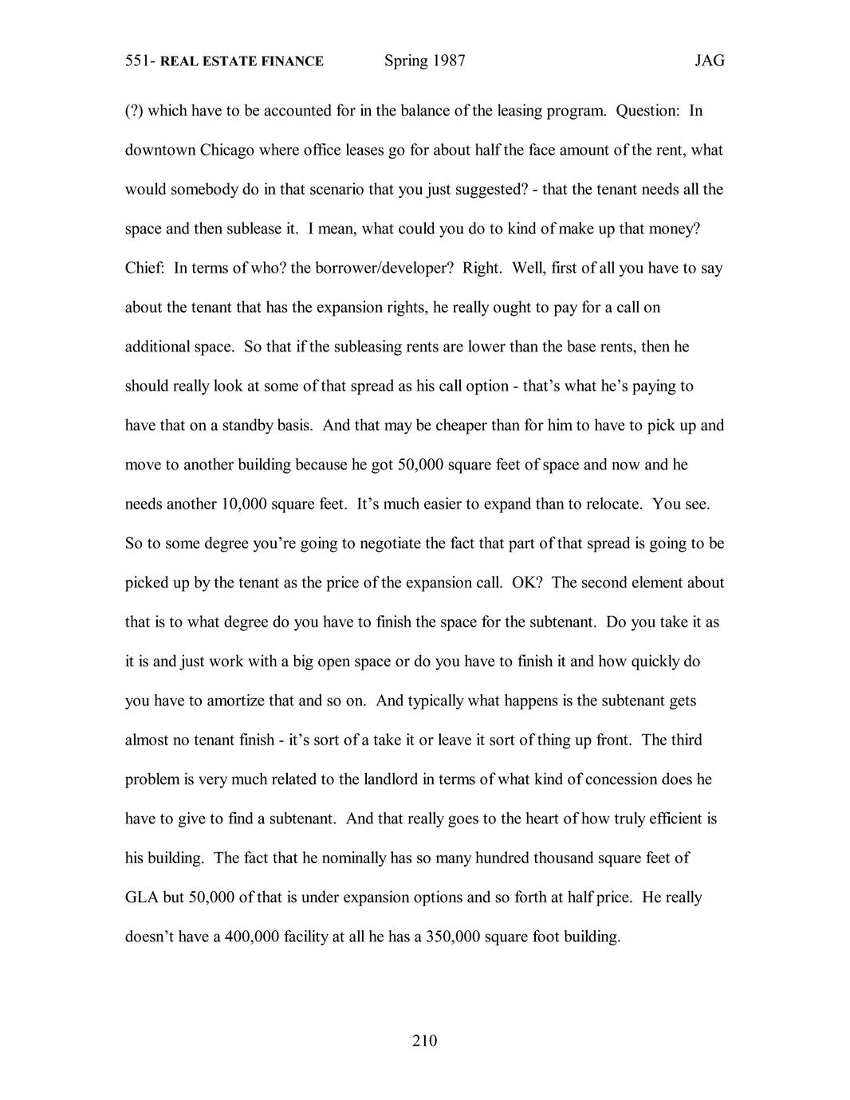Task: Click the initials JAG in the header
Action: click(709, 61)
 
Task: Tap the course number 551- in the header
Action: click(140, 61)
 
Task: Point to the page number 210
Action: click(425, 1040)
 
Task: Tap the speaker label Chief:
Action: click(145, 268)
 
